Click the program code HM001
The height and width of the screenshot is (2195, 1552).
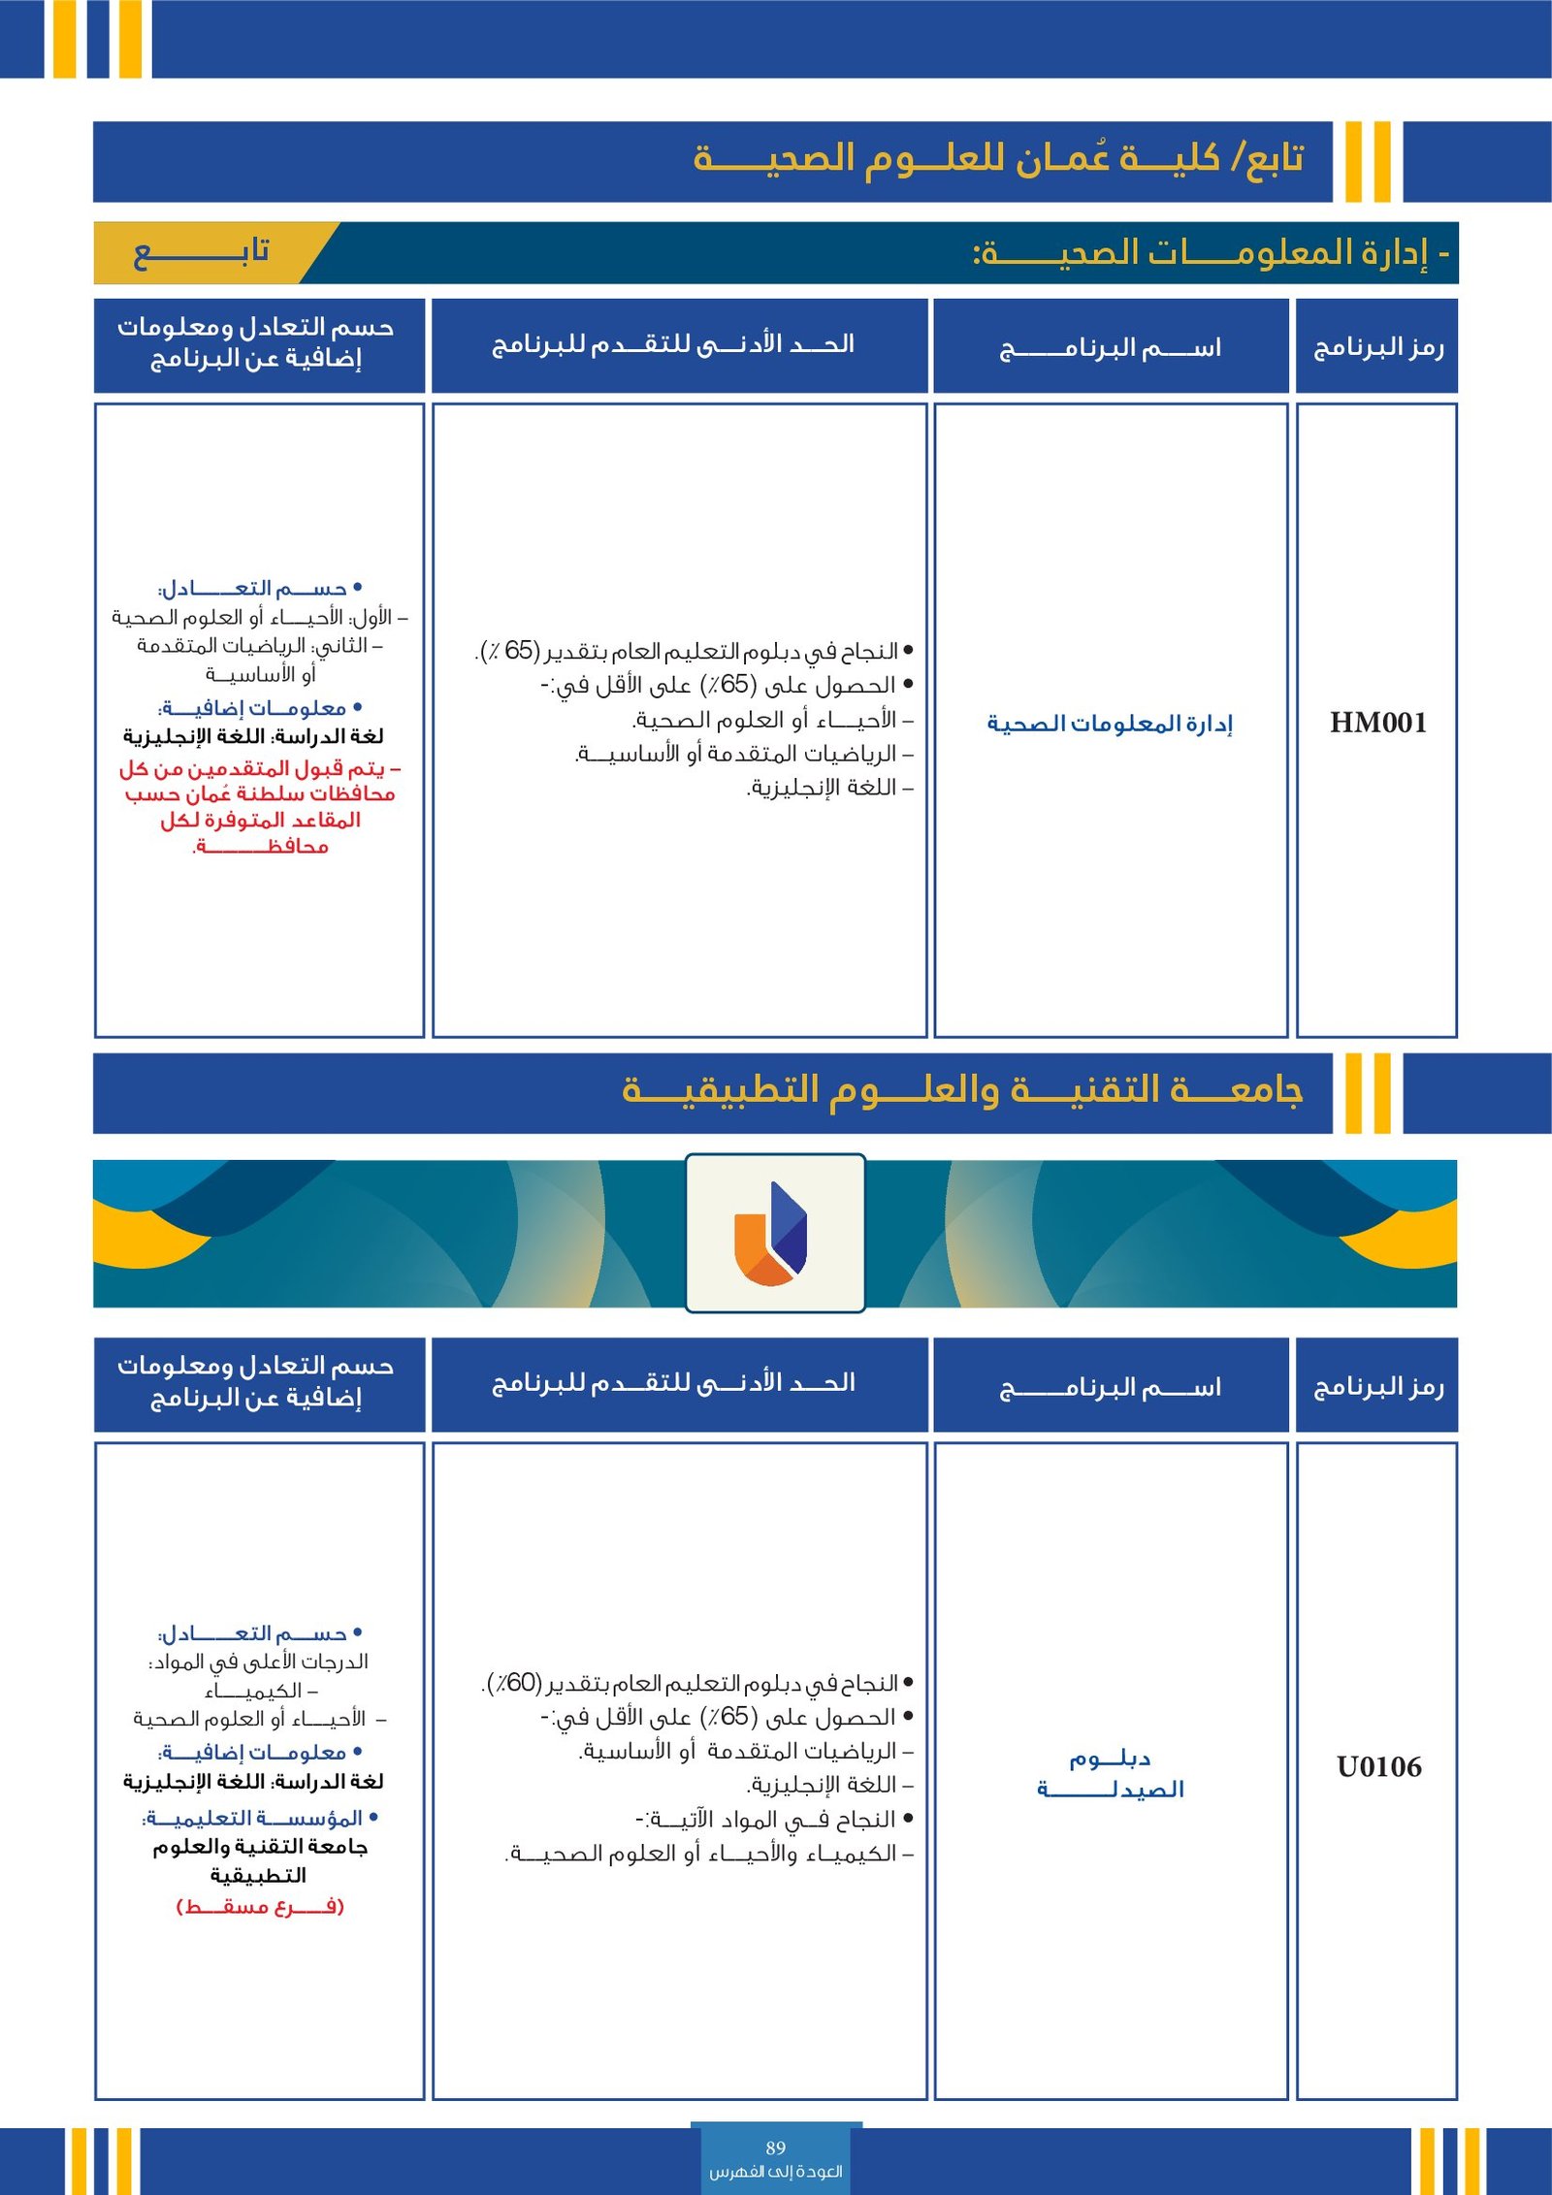(x=1377, y=723)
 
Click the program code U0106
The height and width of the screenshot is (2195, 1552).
(x=1378, y=1766)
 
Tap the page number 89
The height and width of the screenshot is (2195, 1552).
(x=775, y=2147)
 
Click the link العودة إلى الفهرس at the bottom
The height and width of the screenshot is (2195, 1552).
(x=775, y=2171)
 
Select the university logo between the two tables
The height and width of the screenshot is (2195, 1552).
(x=774, y=1233)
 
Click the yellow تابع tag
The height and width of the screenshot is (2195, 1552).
(x=201, y=252)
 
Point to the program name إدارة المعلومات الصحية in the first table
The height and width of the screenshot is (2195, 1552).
(x=1109, y=724)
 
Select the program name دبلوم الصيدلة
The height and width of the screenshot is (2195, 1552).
(x=1110, y=1773)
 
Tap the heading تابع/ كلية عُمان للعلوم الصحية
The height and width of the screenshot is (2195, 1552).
(x=998, y=157)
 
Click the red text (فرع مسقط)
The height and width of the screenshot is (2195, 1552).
(x=260, y=1906)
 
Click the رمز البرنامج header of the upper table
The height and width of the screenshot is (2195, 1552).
(x=1377, y=347)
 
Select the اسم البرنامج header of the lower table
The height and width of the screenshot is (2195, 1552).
(x=1110, y=1388)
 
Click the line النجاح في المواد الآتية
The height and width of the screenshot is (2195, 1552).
(x=766, y=1819)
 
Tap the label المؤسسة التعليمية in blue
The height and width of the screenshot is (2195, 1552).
(x=254, y=1818)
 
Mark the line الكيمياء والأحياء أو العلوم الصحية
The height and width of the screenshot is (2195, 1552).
(x=708, y=1854)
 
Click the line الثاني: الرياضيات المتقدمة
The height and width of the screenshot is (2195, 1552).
(x=259, y=646)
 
